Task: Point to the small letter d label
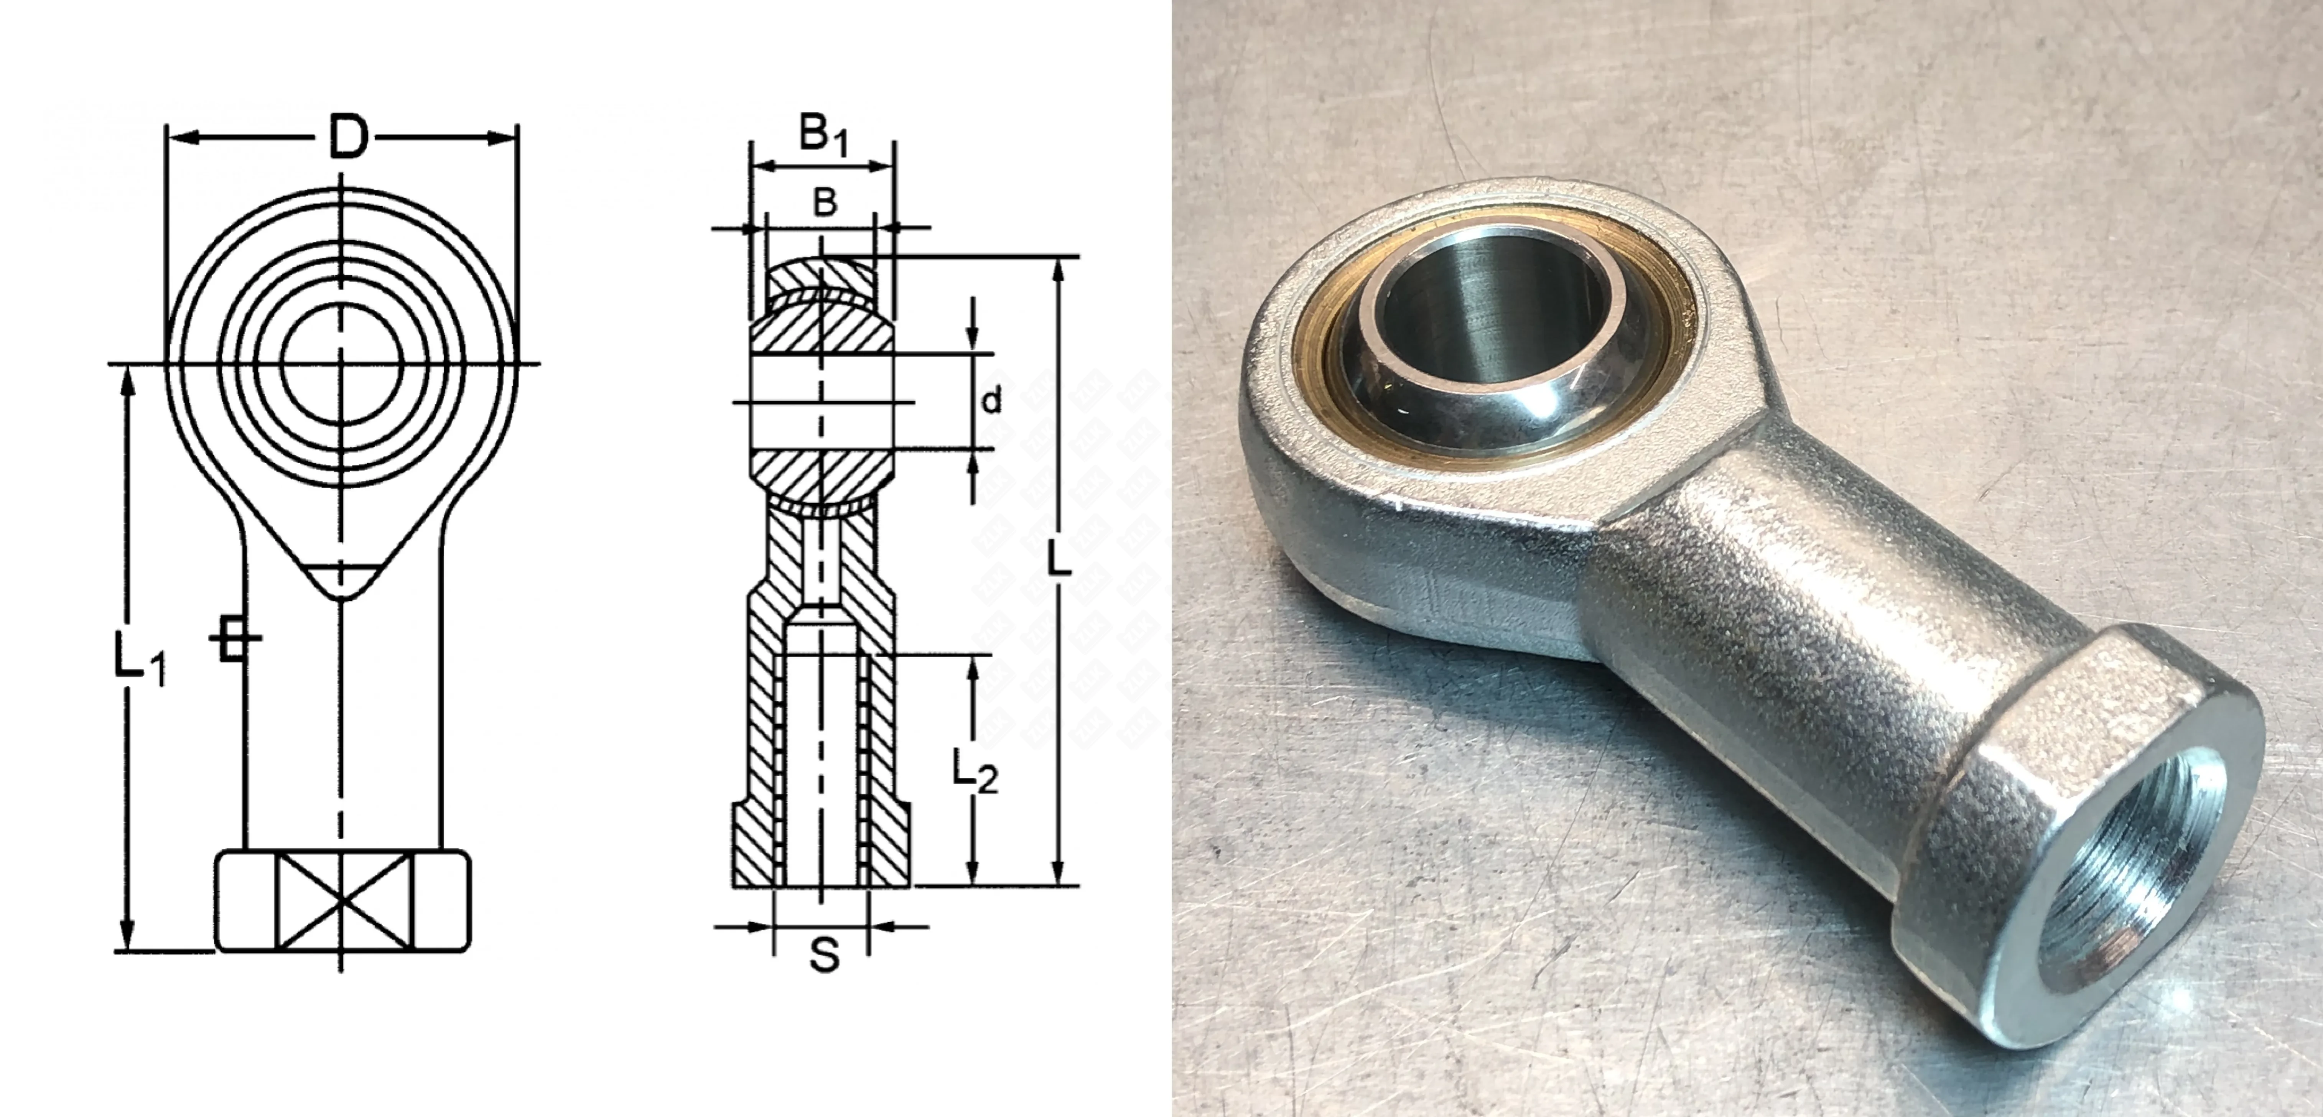tap(991, 400)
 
